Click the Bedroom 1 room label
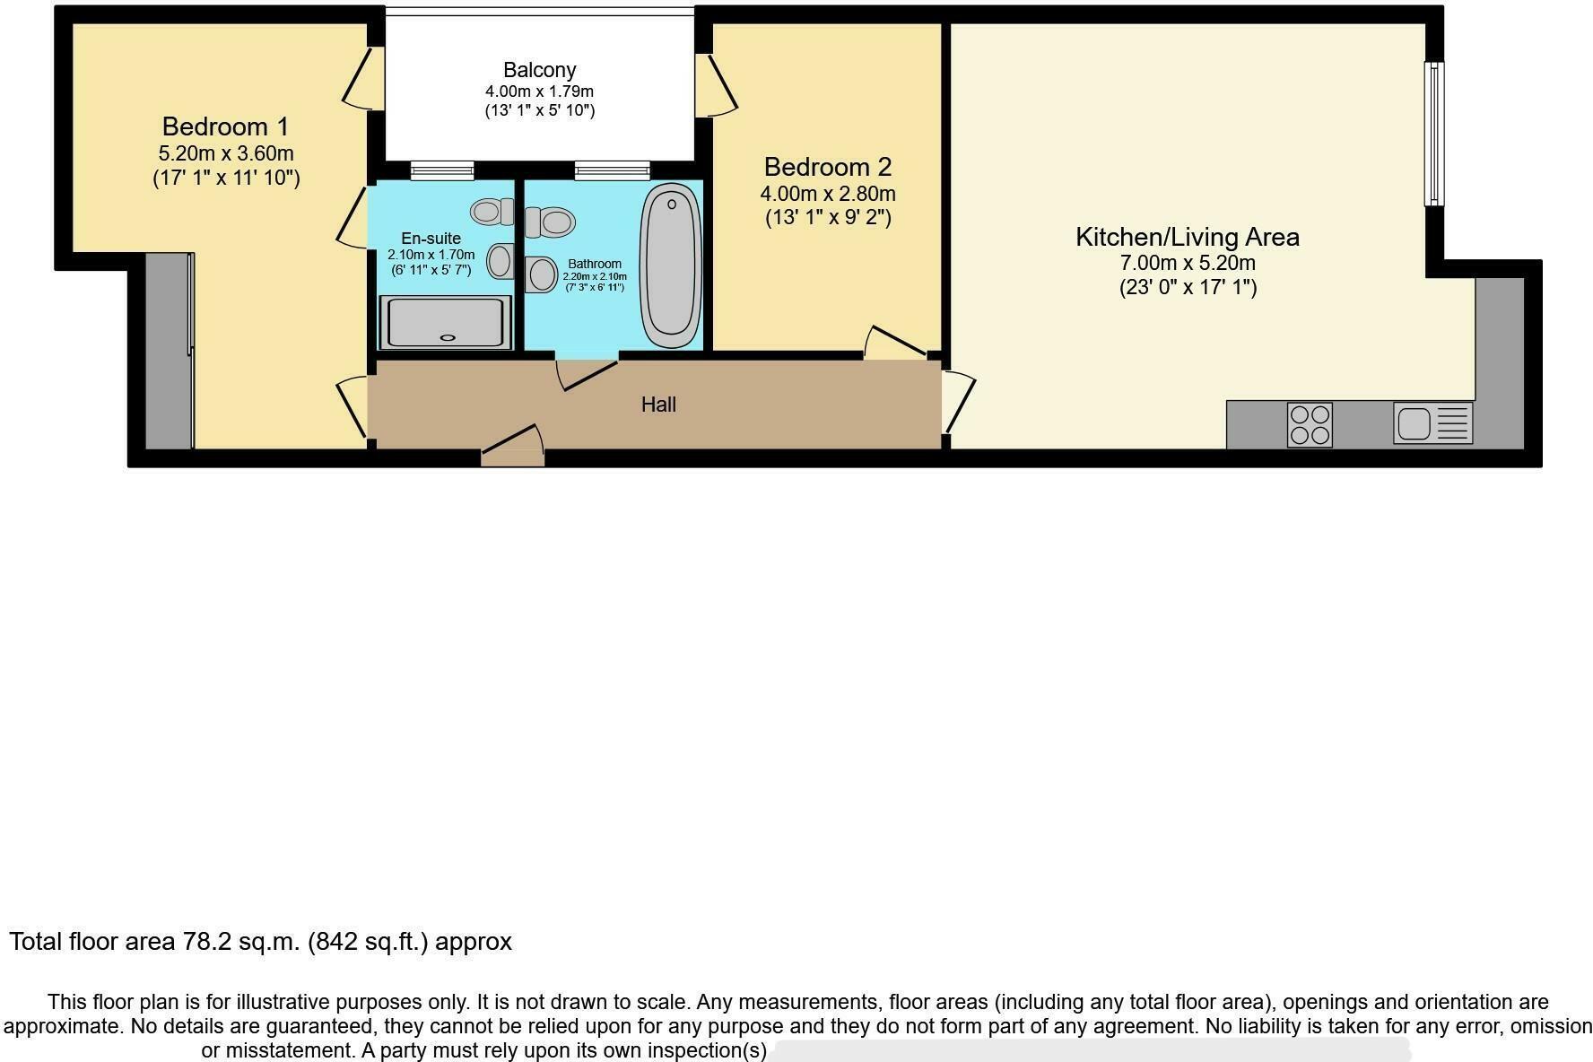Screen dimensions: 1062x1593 [225, 126]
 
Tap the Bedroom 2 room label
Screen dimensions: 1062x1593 [827, 167]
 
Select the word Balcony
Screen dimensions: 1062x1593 [539, 70]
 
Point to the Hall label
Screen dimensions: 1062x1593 [658, 405]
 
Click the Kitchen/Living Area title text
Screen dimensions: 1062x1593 [1187, 237]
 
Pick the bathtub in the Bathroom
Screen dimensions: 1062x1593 [671, 265]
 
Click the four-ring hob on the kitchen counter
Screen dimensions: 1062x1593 [1310, 424]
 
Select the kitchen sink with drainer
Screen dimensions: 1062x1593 [1432, 423]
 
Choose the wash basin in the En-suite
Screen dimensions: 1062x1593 [500, 261]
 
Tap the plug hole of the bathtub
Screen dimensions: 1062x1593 [671, 205]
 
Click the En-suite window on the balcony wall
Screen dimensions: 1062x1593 [442, 170]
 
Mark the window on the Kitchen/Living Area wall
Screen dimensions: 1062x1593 [1434, 134]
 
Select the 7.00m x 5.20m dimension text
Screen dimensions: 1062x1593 [1187, 264]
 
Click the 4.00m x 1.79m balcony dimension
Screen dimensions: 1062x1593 [539, 91]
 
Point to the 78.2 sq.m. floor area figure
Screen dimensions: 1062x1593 [240, 942]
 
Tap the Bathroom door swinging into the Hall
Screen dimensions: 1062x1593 [588, 375]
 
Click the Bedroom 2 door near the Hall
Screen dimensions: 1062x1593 [897, 343]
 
